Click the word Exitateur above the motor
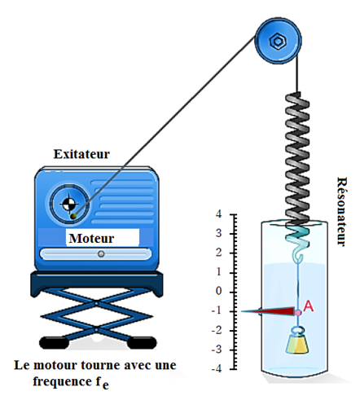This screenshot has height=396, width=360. [81, 154]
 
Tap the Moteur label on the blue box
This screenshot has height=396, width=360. [91, 239]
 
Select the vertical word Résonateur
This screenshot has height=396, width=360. [341, 212]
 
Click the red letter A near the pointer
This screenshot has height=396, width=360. [308, 306]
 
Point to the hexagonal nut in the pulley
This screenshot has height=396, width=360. [278, 42]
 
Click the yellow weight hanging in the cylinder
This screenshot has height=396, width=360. [297, 343]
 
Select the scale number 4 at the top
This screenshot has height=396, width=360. [218, 214]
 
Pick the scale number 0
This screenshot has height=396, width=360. [218, 291]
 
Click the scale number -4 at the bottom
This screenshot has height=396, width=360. [217, 368]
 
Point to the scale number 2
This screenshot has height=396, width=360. [218, 253]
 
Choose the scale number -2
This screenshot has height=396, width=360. [217, 330]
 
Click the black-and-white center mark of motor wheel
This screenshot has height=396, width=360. [68, 204]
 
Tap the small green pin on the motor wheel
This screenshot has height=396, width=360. [73, 216]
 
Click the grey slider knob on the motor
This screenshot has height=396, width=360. [101, 254]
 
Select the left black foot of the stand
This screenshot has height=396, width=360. [54, 342]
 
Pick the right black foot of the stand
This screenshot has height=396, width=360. [142, 342]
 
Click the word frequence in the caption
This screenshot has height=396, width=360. [63, 381]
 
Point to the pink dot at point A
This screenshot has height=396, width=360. [298, 313]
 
